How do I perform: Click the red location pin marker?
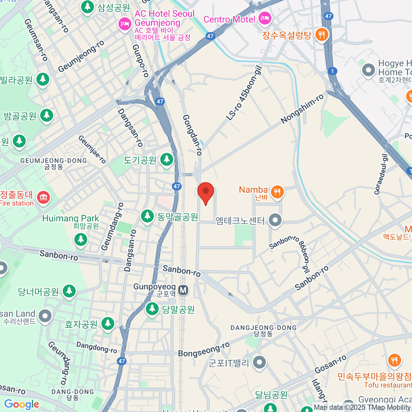[x=206, y=192]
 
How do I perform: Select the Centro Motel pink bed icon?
[x=264, y=19]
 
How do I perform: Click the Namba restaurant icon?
[x=277, y=192]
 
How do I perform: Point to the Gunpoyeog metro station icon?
[x=183, y=290]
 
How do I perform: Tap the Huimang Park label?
[x=70, y=218]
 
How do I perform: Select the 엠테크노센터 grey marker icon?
[x=275, y=220]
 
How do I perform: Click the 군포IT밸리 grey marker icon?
[x=259, y=362]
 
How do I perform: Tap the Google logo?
[x=22, y=404]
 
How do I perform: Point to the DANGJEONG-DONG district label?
[x=263, y=328]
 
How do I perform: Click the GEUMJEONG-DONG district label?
[x=54, y=161]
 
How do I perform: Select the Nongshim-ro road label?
[x=302, y=108]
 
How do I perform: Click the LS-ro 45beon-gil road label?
[x=244, y=93]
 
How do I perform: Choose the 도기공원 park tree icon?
[x=167, y=159]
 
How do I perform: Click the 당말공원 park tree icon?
[x=152, y=309]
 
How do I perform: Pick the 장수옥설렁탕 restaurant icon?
[x=321, y=34]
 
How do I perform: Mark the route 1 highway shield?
[x=332, y=71]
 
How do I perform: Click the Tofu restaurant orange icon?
[x=394, y=360]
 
